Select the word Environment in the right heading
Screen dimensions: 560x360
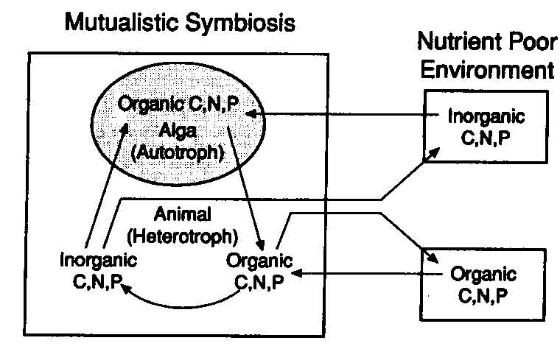pyautogui.click(x=488, y=69)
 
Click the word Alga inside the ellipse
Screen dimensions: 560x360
pyautogui.click(x=177, y=130)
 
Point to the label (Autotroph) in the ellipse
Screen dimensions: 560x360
pyautogui.click(x=178, y=153)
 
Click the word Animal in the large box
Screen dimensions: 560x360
pyautogui.click(x=182, y=214)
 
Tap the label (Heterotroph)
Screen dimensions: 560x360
pyautogui.click(x=182, y=236)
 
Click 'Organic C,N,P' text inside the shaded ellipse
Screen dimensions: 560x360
pyautogui.click(x=178, y=105)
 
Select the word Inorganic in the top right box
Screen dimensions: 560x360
pyautogui.click(x=486, y=116)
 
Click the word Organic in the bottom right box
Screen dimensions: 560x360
pyautogui.click(x=483, y=274)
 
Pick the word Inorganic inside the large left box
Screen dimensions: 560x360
pyautogui.click(x=98, y=260)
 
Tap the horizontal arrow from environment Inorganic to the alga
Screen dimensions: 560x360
pyautogui.click(x=343, y=114)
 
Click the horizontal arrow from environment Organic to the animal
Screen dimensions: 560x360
pyautogui.click(x=367, y=274)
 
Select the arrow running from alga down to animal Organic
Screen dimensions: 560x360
pyautogui.click(x=245, y=188)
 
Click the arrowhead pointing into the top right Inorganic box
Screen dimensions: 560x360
pyautogui.click(x=433, y=153)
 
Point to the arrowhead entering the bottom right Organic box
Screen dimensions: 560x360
pyautogui.click(x=432, y=257)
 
